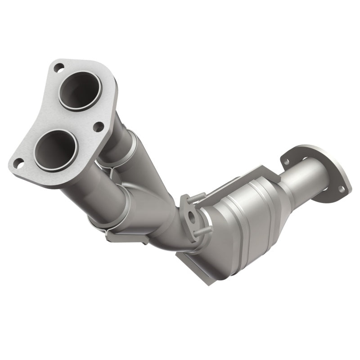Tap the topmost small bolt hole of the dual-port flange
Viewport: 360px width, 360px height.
click(58, 68)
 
